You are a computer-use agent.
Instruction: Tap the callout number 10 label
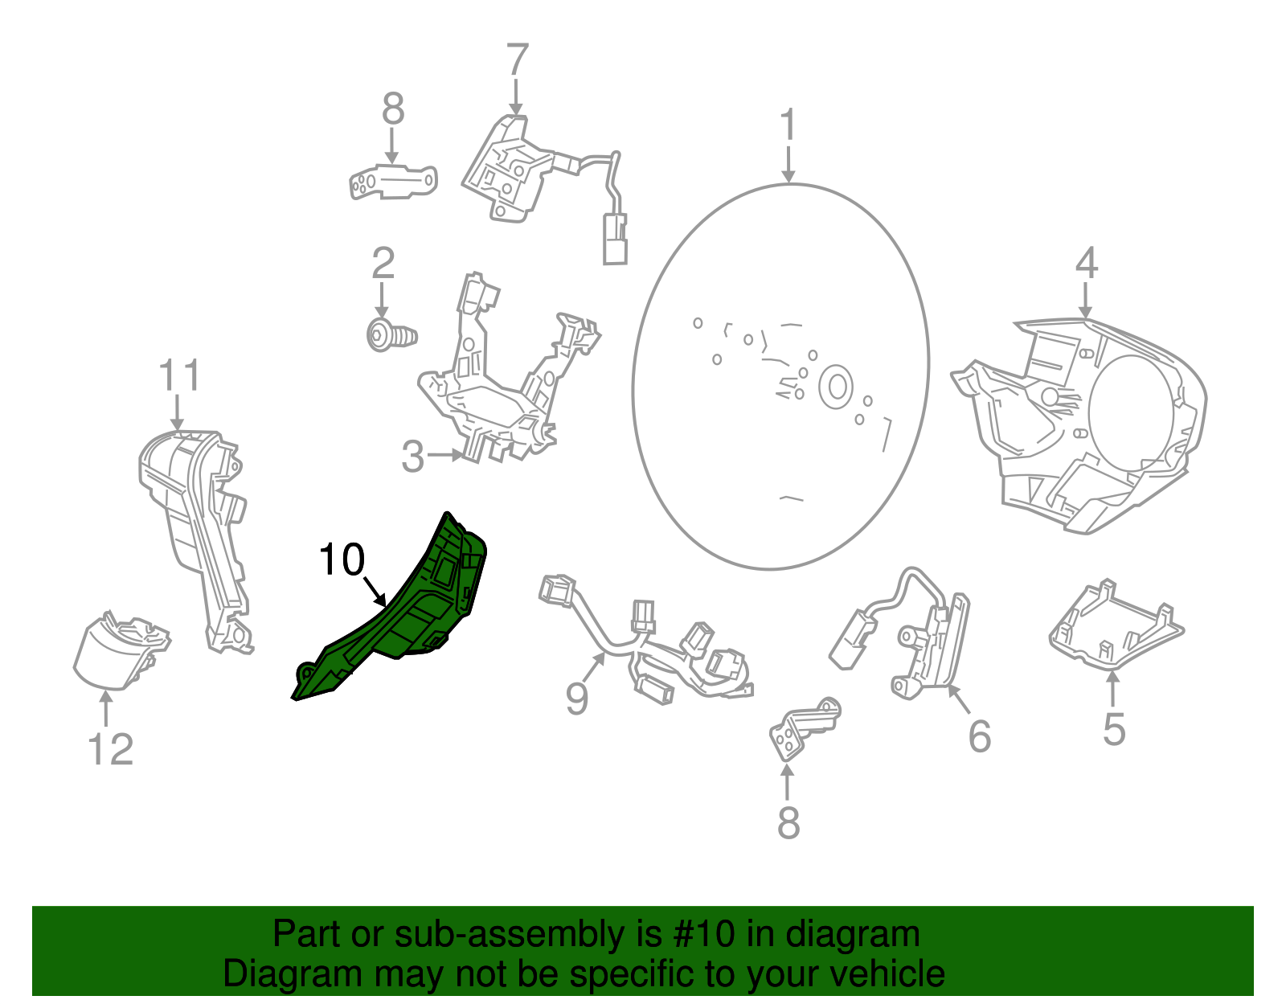(342, 559)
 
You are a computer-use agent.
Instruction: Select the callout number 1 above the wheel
(788, 125)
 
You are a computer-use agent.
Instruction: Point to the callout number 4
(1086, 263)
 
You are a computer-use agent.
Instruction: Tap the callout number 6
(979, 736)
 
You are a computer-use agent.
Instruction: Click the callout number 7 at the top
(517, 60)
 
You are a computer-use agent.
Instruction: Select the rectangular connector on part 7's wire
(616, 238)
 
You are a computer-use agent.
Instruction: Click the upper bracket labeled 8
(394, 182)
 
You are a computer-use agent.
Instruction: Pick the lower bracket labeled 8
(802, 727)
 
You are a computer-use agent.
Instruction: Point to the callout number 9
(576, 698)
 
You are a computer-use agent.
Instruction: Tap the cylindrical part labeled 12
(117, 651)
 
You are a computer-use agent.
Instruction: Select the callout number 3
(412, 457)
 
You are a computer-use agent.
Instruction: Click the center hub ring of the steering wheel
(836, 387)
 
